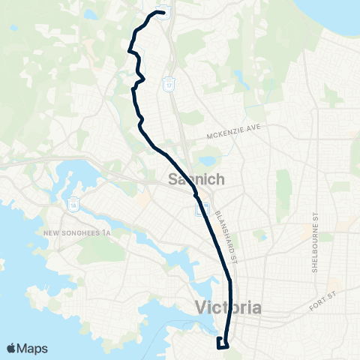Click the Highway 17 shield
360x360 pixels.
coord(171,82)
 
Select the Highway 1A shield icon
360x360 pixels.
coord(73,202)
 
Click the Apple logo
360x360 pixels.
coord(12,348)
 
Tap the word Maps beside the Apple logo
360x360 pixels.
coord(34,348)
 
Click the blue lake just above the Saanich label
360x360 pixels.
coord(205,161)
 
